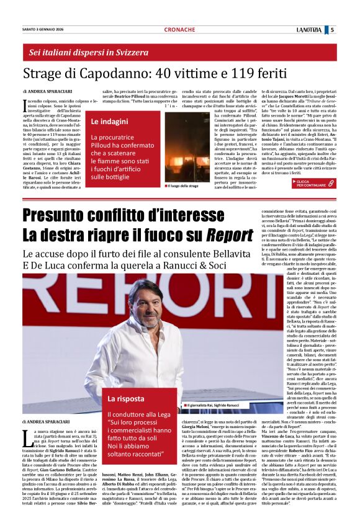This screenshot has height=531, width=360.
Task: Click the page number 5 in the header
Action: pos(332,29)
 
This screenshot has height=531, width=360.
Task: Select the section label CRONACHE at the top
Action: pos(179,30)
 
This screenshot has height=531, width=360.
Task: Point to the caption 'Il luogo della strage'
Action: pos(182,185)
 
